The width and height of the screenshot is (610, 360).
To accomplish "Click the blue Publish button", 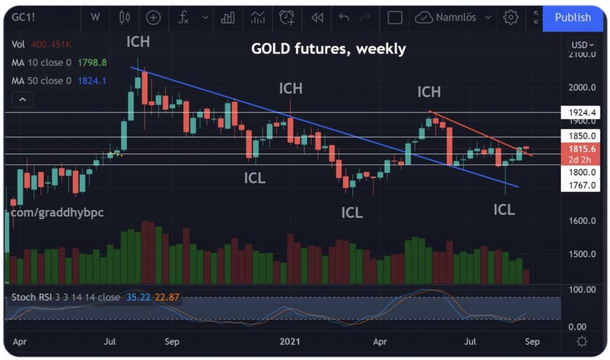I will click(x=572, y=18).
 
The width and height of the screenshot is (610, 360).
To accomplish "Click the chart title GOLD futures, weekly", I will click(x=328, y=49).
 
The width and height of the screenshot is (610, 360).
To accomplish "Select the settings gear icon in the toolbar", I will click(x=511, y=18).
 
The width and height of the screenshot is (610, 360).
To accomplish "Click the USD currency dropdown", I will click(x=583, y=45).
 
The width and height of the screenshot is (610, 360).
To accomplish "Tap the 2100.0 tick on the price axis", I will click(x=581, y=54).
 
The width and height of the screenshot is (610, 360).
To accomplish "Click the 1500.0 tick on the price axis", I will click(x=581, y=254).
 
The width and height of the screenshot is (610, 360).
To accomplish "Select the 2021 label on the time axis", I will click(x=290, y=342).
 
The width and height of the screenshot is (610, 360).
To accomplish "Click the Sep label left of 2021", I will click(x=172, y=342).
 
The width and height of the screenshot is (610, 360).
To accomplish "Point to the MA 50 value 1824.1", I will click(x=92, y=80).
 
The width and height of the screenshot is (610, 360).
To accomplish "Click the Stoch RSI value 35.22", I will click(x=139, y=297).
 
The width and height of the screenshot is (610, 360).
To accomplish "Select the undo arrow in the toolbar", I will click(x=344, y=18).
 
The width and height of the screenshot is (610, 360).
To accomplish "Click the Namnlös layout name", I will click(x=456, y=18).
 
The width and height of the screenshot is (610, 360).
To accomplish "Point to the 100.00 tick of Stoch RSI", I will click(x=583, y=290).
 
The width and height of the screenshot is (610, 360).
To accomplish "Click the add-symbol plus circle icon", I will click(x=153, y=18).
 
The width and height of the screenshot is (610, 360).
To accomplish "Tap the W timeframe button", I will click(x=95, y=17).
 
